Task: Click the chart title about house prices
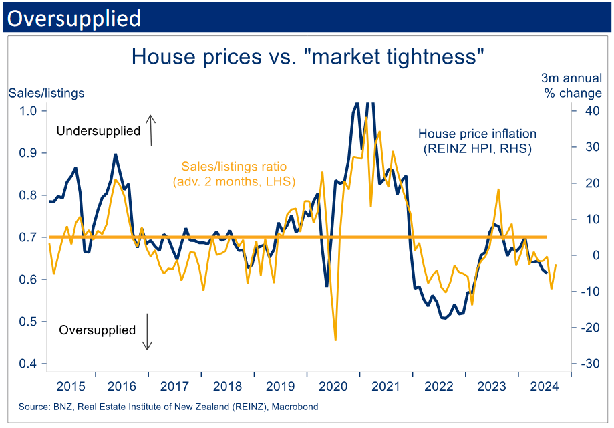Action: tap(307, 56)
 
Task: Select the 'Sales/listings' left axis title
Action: tap(46, 93)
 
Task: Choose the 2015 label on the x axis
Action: tap(71, 386)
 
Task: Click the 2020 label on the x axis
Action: tap(332, 386)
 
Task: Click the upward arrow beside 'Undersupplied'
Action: tap(151, 130)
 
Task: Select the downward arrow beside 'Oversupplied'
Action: tap(148, 334)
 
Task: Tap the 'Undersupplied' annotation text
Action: tap(98, 131)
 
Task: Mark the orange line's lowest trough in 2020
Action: tap(335, 340)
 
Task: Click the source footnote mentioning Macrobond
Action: tap(168, 407)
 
